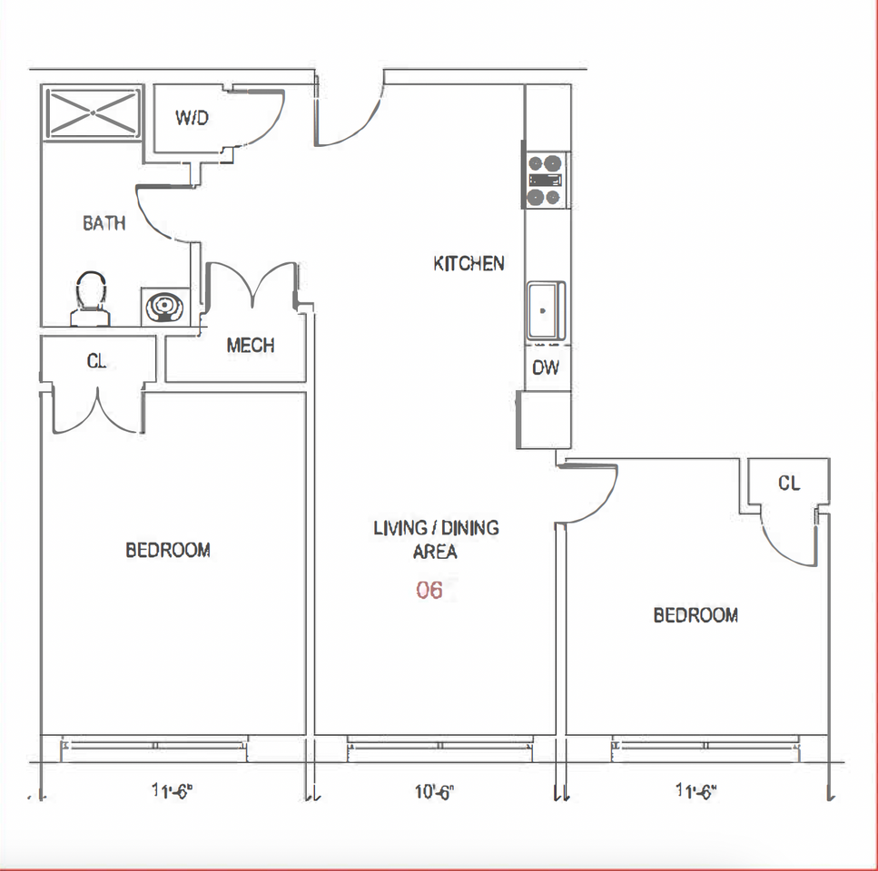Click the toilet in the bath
(90, 299)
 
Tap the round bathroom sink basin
(164, 306)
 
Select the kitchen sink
(546, 310)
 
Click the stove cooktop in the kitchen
(545, 181)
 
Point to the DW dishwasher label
(546, 367)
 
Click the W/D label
(192, 117)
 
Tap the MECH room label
(251, 345)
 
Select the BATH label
(104, 223)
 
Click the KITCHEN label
(469, 263)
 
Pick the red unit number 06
(429, 590)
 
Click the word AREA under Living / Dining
(435, 553)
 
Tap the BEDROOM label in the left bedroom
(168, 550)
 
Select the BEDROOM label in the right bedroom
(695, 615)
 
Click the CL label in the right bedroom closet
(789, 483)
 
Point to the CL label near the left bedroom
(96, 361)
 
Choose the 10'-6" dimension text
(434, 792)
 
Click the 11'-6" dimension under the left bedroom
(172, 791)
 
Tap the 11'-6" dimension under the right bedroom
(696, 791)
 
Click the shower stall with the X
(93, 113)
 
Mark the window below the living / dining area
(439, 749)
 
